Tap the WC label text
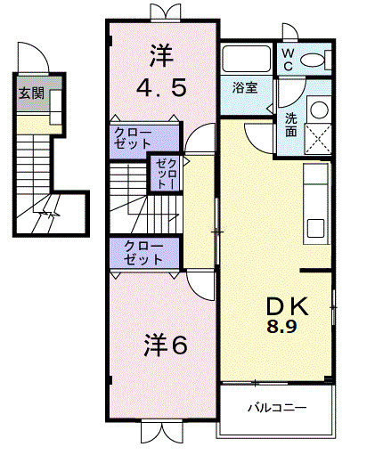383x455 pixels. pos(289,60)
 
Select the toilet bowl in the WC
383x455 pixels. pos(312,61)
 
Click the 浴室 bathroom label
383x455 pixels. pos(245,88)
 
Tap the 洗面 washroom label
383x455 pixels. pos(291,123)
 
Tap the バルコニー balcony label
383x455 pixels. pos(277,409)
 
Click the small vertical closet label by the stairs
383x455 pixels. pos(166,174)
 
